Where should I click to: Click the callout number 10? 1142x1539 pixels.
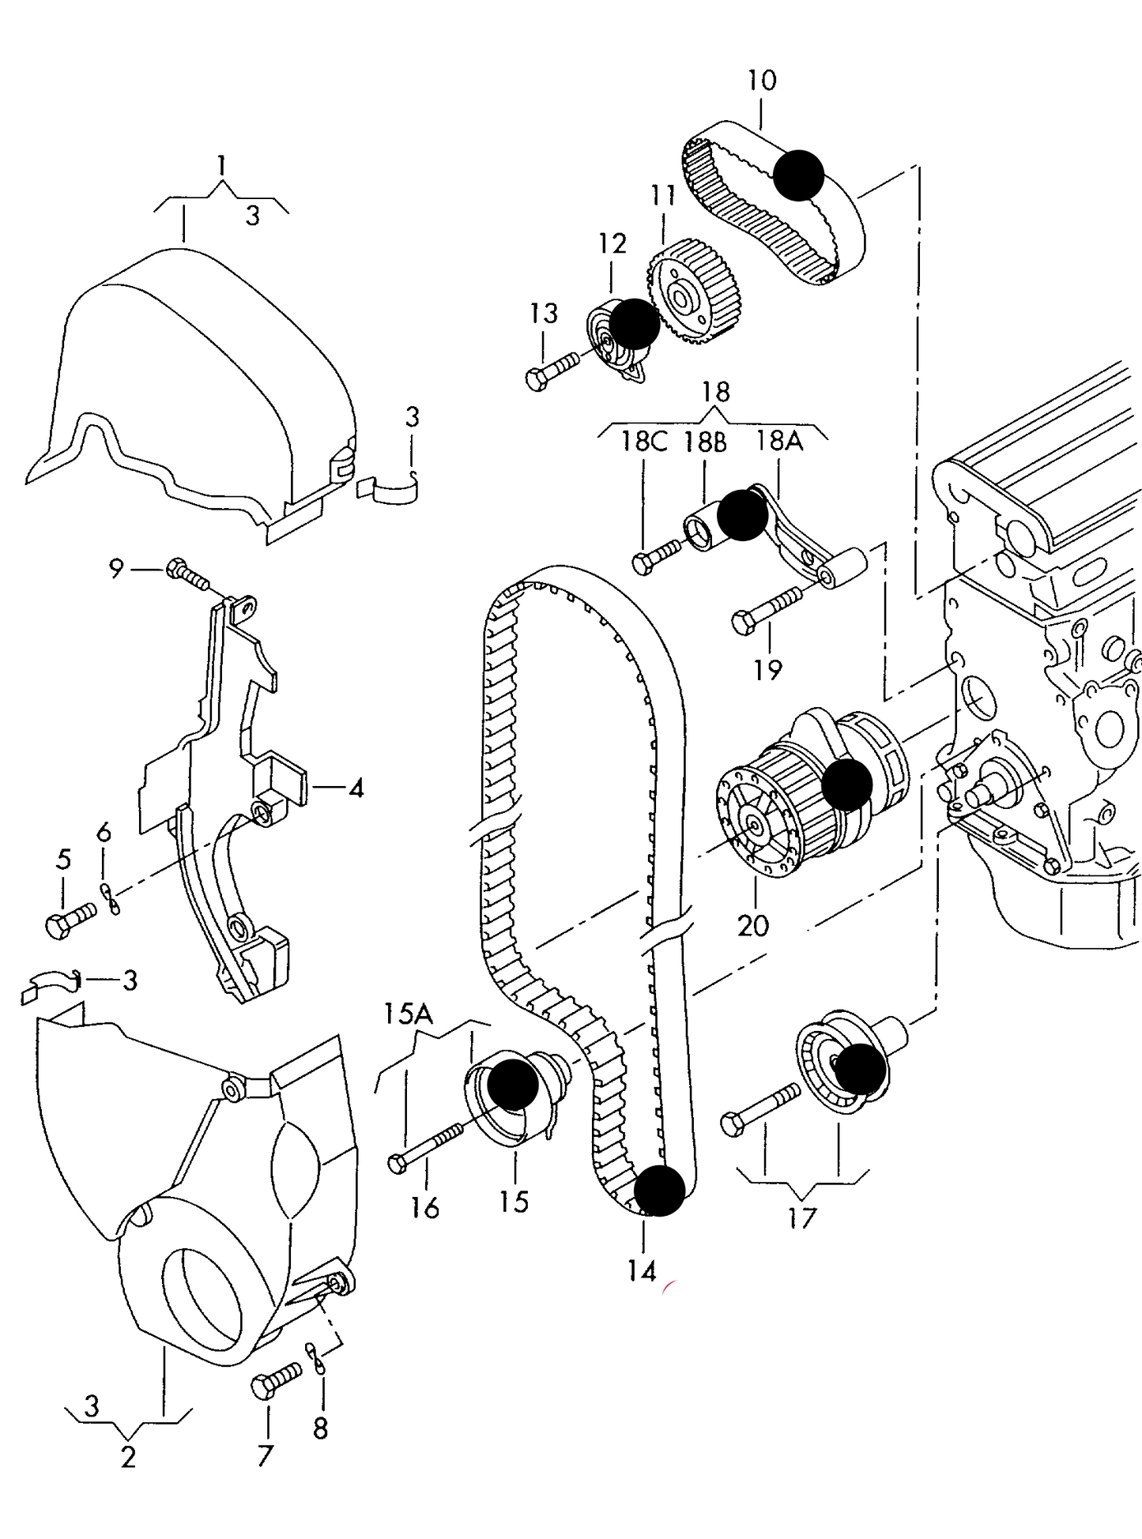[762, 80]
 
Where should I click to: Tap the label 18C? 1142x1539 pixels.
[643, 441]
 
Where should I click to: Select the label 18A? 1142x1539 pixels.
[779, 440]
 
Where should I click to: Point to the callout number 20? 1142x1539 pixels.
[752, 925]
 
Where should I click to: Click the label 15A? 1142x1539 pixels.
[409, 1014]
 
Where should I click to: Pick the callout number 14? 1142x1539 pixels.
[643, 1270]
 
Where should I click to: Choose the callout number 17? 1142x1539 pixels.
[801, 1218]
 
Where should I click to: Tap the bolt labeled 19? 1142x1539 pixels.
[767, 611]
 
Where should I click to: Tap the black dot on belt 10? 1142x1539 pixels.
[798, 175]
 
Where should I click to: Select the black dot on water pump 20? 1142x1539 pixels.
[846, 785]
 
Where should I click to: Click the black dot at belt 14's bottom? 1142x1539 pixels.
[659, 1190]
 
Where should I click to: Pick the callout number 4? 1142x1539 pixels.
[356, 788]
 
